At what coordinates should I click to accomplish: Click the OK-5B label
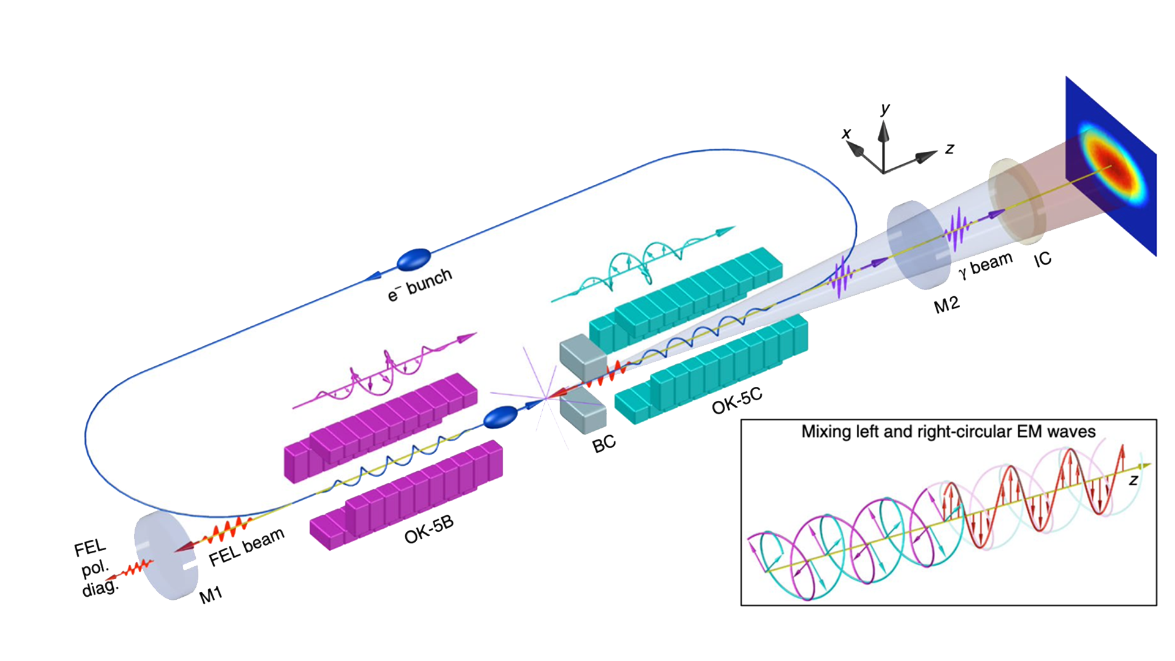click(429, 529)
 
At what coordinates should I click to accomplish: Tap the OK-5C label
click(737, 400)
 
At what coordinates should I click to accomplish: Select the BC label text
click(603, 444)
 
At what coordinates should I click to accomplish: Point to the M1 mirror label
click(211, 594)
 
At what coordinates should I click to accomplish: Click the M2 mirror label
click(946, 304)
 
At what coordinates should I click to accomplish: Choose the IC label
click(1042, 260)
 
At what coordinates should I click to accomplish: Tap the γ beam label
click(985, 264)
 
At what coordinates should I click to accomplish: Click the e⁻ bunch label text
click(420, 285)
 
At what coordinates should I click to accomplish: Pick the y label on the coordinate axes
click(885, 109)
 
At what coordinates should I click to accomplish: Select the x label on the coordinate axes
click(846, 133)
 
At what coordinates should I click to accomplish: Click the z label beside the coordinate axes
click(949, 148)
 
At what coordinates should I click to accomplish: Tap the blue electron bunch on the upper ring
click(414, 260)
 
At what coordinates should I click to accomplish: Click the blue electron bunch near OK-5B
click(500, 417)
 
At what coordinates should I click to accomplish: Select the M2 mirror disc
click(914, 244)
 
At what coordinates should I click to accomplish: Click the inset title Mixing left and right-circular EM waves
click(948, 431)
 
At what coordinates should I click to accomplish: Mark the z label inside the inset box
click(1133, 480)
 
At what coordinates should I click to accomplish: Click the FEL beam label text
click(247, 547)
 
